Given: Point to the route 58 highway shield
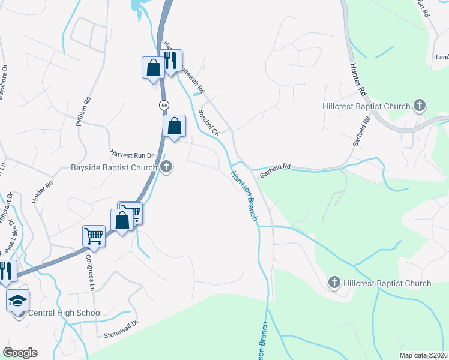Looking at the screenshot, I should [x=164, y=106].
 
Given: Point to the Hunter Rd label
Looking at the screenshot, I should [x=358, y=79].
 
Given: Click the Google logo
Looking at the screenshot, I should [x=20, y=353].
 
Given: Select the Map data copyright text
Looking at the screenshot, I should [x=423, y=355].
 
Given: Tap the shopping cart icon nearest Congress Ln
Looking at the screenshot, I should [x=94, y=235].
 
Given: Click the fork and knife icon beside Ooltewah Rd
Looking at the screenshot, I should [x=170, y=60].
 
